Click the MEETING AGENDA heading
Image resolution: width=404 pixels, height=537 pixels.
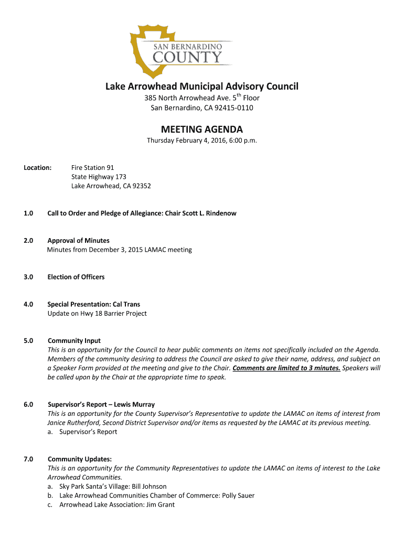[x=202, y=129]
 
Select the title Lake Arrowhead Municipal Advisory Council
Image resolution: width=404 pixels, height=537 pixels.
[x=202, y=86]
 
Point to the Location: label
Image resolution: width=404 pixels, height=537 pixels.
[x=38, y=168]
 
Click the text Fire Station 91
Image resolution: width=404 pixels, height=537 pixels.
[x=92, y=168]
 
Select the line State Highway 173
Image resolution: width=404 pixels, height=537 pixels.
[x=99, y=177]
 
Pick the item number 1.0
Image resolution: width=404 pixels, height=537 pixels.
[x=28, y=213]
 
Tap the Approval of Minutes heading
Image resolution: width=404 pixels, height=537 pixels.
[x=78, y=241]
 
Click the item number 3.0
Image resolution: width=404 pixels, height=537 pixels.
[x=28, y=277]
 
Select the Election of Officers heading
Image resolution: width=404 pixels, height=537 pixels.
[x=76, y=277]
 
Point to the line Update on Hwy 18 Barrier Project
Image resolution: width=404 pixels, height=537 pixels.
[x=97, y=314]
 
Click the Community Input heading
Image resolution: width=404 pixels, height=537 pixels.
[x=74, y=341]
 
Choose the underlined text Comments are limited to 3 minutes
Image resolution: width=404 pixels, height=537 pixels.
[x=286, y=368]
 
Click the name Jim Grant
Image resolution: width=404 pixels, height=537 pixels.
[x=159, y=504]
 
